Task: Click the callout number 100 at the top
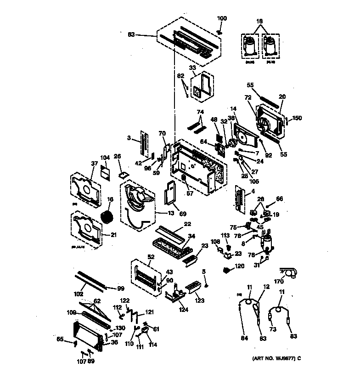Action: tap(222, 18)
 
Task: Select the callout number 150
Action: tap(297, 118)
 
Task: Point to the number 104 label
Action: tap(105, 157)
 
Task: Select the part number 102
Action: tap(79, 294)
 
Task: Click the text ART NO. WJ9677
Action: tap(274, 358)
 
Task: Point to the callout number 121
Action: tap(150, 312)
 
